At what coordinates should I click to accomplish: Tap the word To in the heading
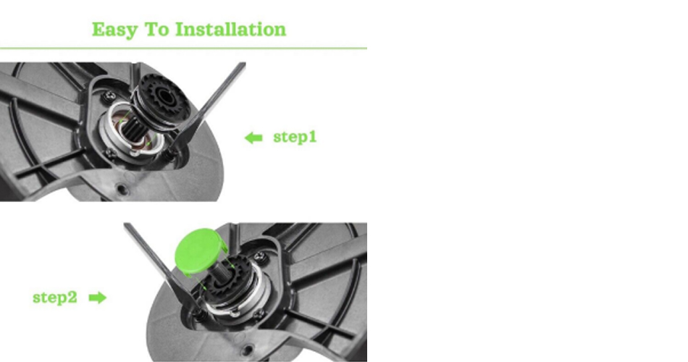tap(156, 30)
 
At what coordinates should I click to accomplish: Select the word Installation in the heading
tap(231, 30)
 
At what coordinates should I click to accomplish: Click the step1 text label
tap(295, 137)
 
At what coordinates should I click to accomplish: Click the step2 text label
tap(55, 298)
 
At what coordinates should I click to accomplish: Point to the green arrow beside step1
tap(253, 138)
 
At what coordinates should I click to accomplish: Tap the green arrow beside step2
tap(98, 298)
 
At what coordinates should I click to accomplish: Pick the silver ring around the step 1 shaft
tap(132, 130)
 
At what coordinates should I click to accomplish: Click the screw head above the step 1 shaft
tap(109, 96)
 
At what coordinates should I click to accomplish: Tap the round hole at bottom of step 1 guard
tap(122, 190)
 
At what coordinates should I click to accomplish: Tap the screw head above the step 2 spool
tap(260, 256)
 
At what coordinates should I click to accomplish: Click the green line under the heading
tap(183, 49)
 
